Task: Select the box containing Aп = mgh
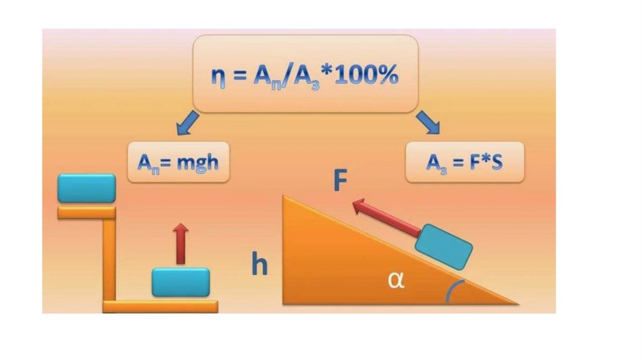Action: coord(177,162)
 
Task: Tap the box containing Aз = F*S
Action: coord(465,162)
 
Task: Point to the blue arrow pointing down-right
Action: coord(428,122)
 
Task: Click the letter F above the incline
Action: coord(340,180)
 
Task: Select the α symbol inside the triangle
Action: coord(396,280)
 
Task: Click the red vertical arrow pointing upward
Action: coord(181,243)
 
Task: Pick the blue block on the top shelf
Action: coord(87,188)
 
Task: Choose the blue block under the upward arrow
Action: coord(181,282)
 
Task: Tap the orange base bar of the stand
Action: coord(160,307)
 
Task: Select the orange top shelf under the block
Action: coord(87,213)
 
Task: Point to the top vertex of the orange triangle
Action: coord(285,197)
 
